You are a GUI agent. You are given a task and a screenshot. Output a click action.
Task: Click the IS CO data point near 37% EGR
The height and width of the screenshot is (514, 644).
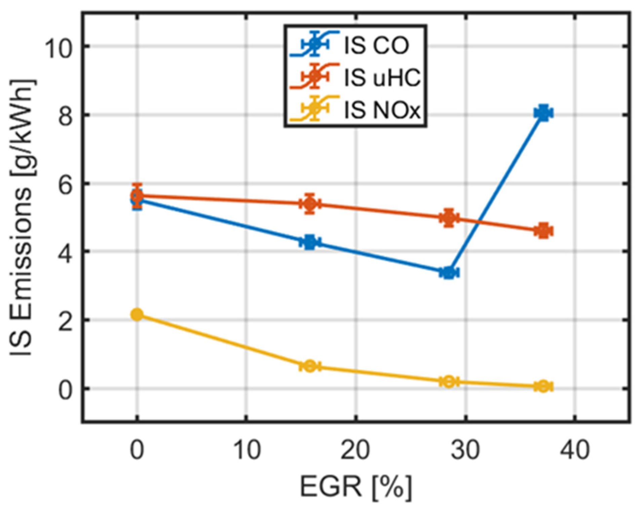[x=543, y=113]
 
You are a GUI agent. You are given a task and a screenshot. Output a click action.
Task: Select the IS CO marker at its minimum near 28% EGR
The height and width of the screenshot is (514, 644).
[x=449, y=272]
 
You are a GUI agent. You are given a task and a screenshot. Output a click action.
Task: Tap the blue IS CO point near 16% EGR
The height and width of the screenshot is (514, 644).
[x=310, y=242]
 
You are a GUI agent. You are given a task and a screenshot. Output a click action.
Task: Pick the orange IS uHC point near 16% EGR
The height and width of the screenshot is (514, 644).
[x=310, y=204]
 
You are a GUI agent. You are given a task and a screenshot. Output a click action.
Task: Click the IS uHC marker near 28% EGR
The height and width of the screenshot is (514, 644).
[x=449, y=218]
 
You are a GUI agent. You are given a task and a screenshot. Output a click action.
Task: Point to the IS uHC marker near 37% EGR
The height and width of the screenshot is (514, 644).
[x=543, y=231]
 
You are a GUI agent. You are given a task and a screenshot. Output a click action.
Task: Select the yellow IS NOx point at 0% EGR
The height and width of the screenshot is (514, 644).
[x=137, y=315]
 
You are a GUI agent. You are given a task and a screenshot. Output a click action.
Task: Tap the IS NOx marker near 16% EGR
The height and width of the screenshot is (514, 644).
[x=310, y=366]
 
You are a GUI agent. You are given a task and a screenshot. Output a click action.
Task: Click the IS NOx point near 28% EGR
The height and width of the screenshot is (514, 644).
[x=449, y=382]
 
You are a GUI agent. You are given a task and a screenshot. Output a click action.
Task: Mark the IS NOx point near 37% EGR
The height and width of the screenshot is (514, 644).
[x=543, y=386]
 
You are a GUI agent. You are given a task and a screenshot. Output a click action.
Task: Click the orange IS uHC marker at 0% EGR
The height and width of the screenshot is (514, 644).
[x=137, y=195]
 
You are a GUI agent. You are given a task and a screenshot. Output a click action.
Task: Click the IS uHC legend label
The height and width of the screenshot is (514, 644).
[x=382, y=78]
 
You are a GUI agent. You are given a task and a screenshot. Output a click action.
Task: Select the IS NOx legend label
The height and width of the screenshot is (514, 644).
[x=382, y=110]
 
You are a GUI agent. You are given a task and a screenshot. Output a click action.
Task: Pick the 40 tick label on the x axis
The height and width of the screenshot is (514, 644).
[x=575, y=450]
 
